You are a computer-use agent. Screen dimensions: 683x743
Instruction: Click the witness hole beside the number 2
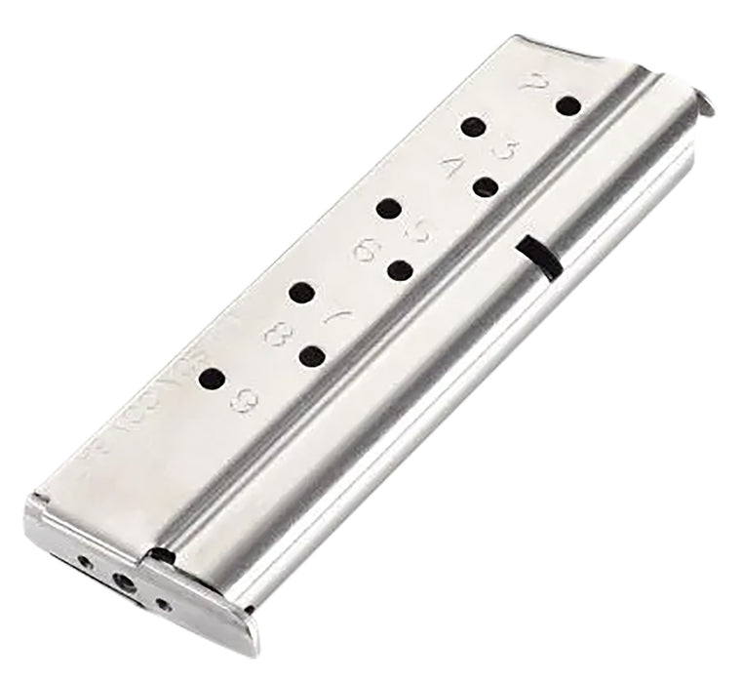click(567, 104)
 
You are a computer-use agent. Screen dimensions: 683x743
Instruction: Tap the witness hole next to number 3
click(474, 127)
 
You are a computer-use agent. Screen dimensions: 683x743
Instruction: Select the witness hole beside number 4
click(487, 187)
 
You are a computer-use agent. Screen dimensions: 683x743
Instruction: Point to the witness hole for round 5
click(389, 208)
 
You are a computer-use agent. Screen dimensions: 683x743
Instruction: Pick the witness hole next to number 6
click(398, 270)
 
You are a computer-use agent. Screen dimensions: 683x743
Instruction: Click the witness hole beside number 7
click(303, 292)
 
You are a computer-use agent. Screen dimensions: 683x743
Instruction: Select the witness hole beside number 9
click(213, 379)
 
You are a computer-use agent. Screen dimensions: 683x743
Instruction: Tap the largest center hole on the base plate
click(124, 582)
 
